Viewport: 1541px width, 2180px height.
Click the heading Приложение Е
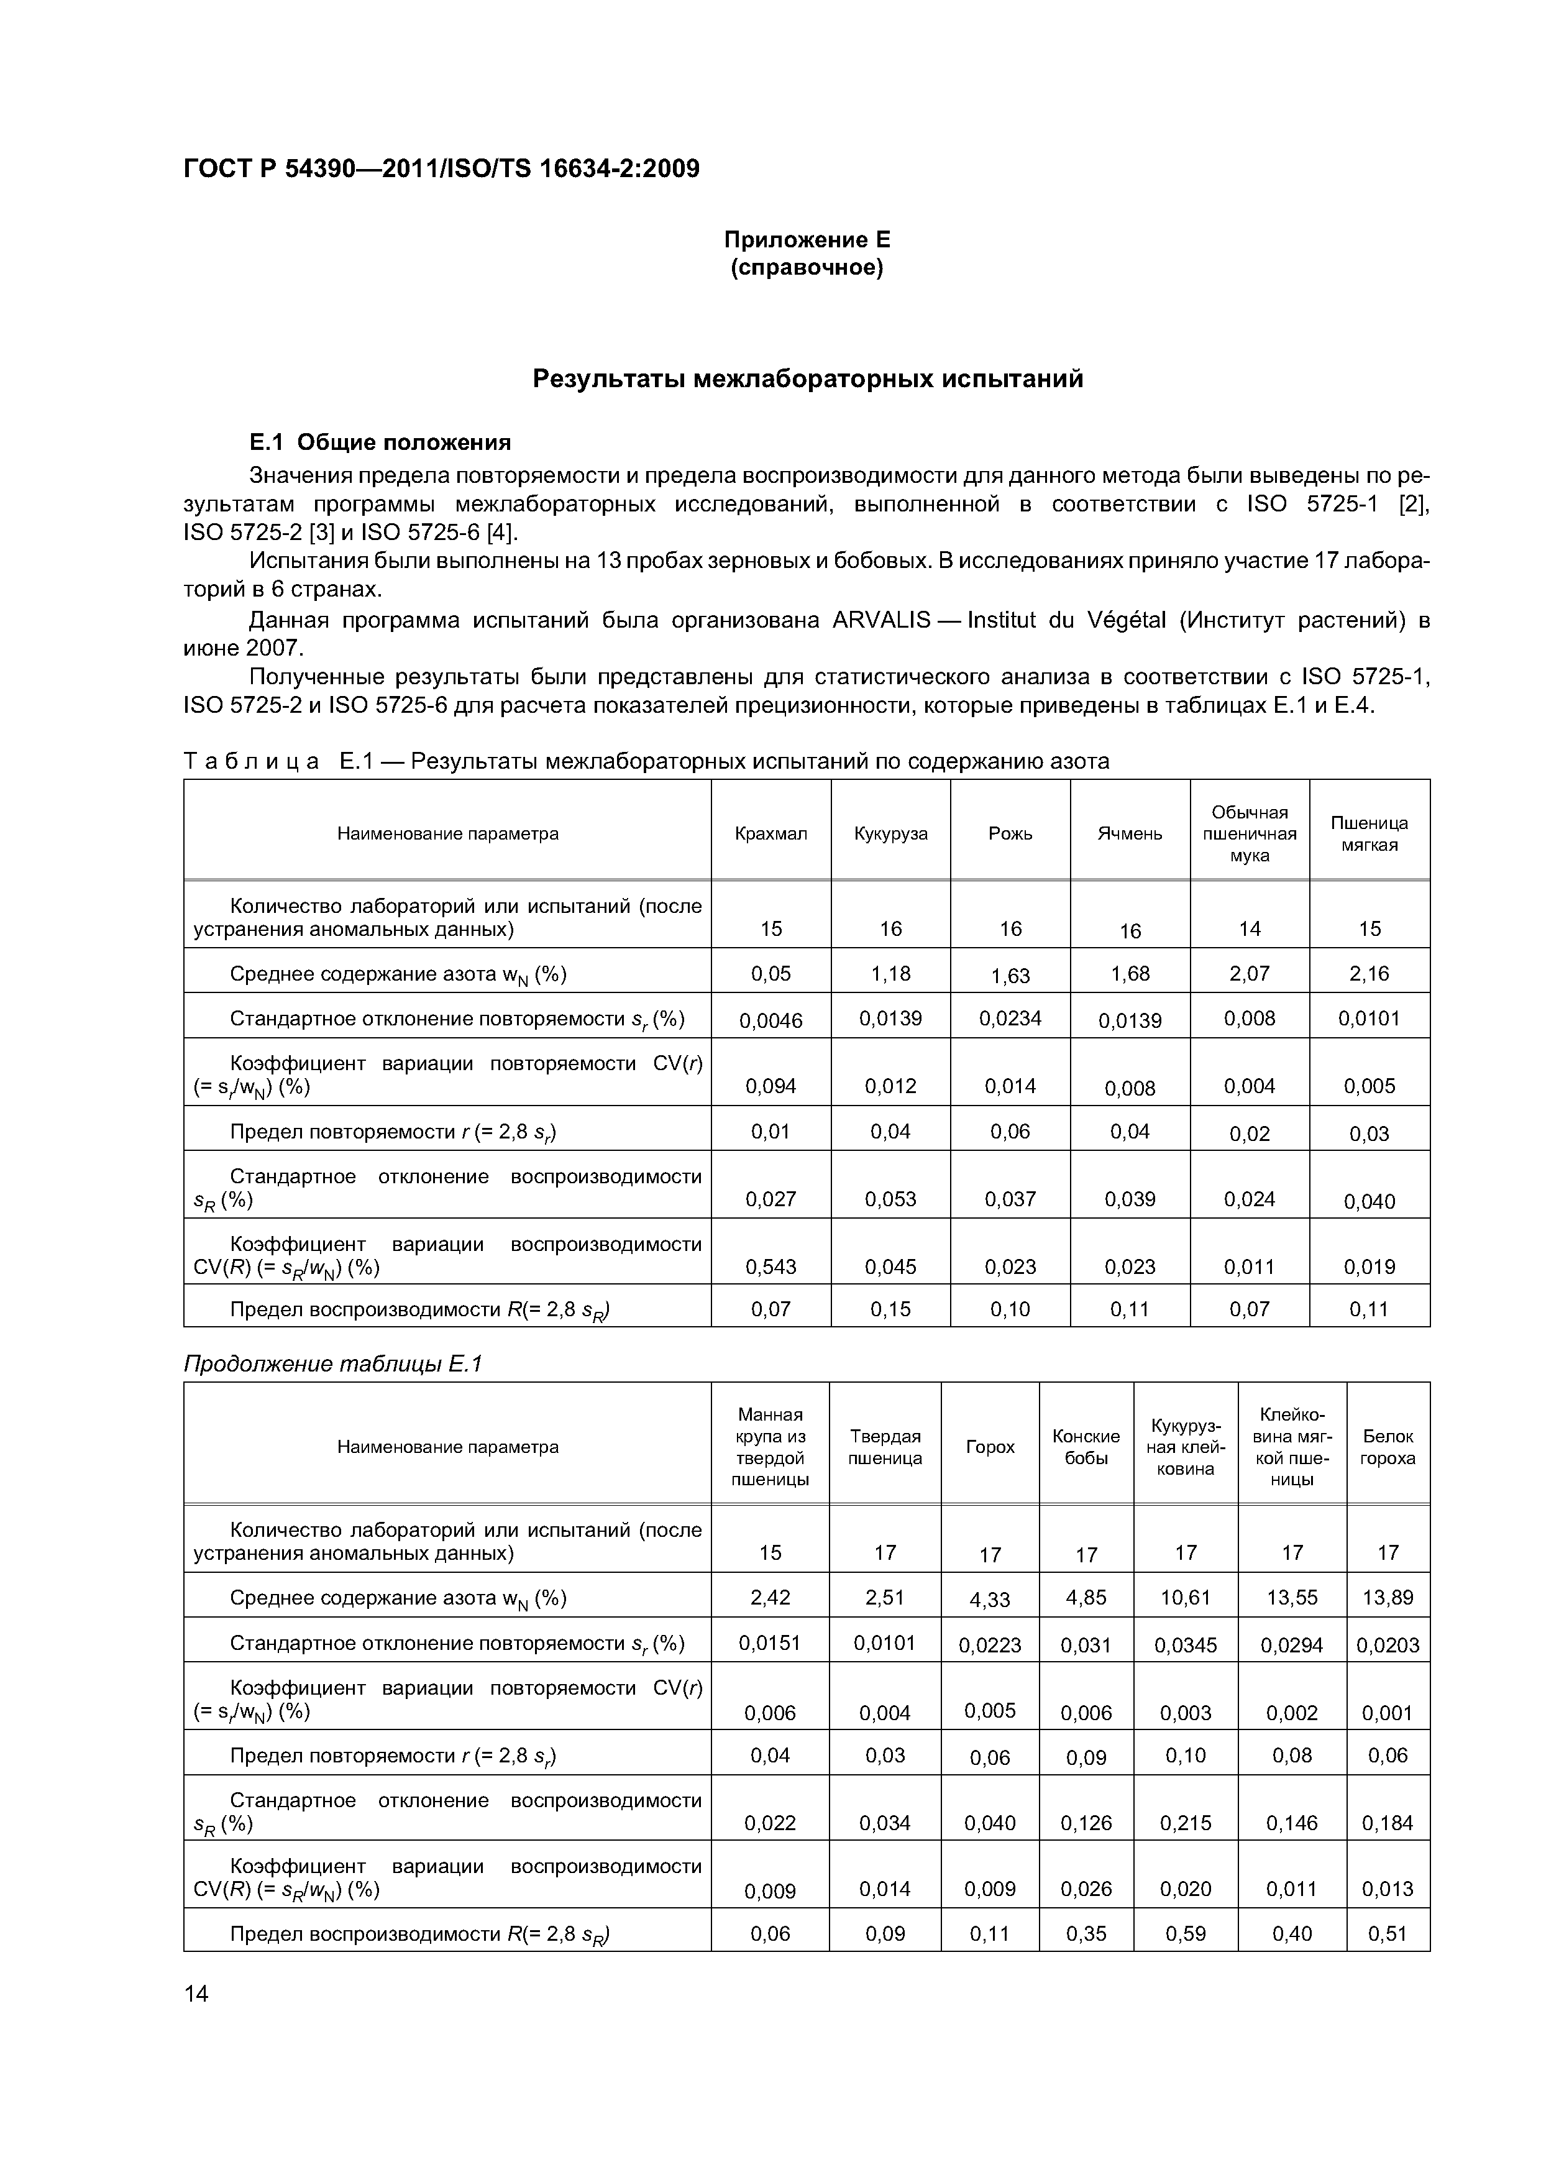click(x=807, y=239)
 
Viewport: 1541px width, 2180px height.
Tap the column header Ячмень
click(x=1129, y=833)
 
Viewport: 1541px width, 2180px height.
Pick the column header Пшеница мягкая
click(x=1368, y=833)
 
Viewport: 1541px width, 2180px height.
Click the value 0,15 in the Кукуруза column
click(x=890, y=1309)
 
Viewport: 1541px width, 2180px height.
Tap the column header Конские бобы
click(x=1086, y=1447)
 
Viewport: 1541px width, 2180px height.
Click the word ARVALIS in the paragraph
click(x=880, y=620)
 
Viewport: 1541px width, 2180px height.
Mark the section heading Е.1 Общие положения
click(x=380, y=442)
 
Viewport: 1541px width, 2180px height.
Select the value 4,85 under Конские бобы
click(x=1086, y=1597)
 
